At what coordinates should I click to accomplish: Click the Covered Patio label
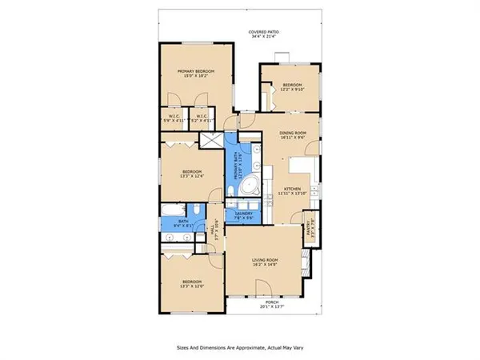point(266,34)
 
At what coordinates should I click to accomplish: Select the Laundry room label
point(243,215)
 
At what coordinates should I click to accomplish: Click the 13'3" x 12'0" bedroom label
point(190,284)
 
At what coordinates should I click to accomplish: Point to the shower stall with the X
point(213,142)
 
